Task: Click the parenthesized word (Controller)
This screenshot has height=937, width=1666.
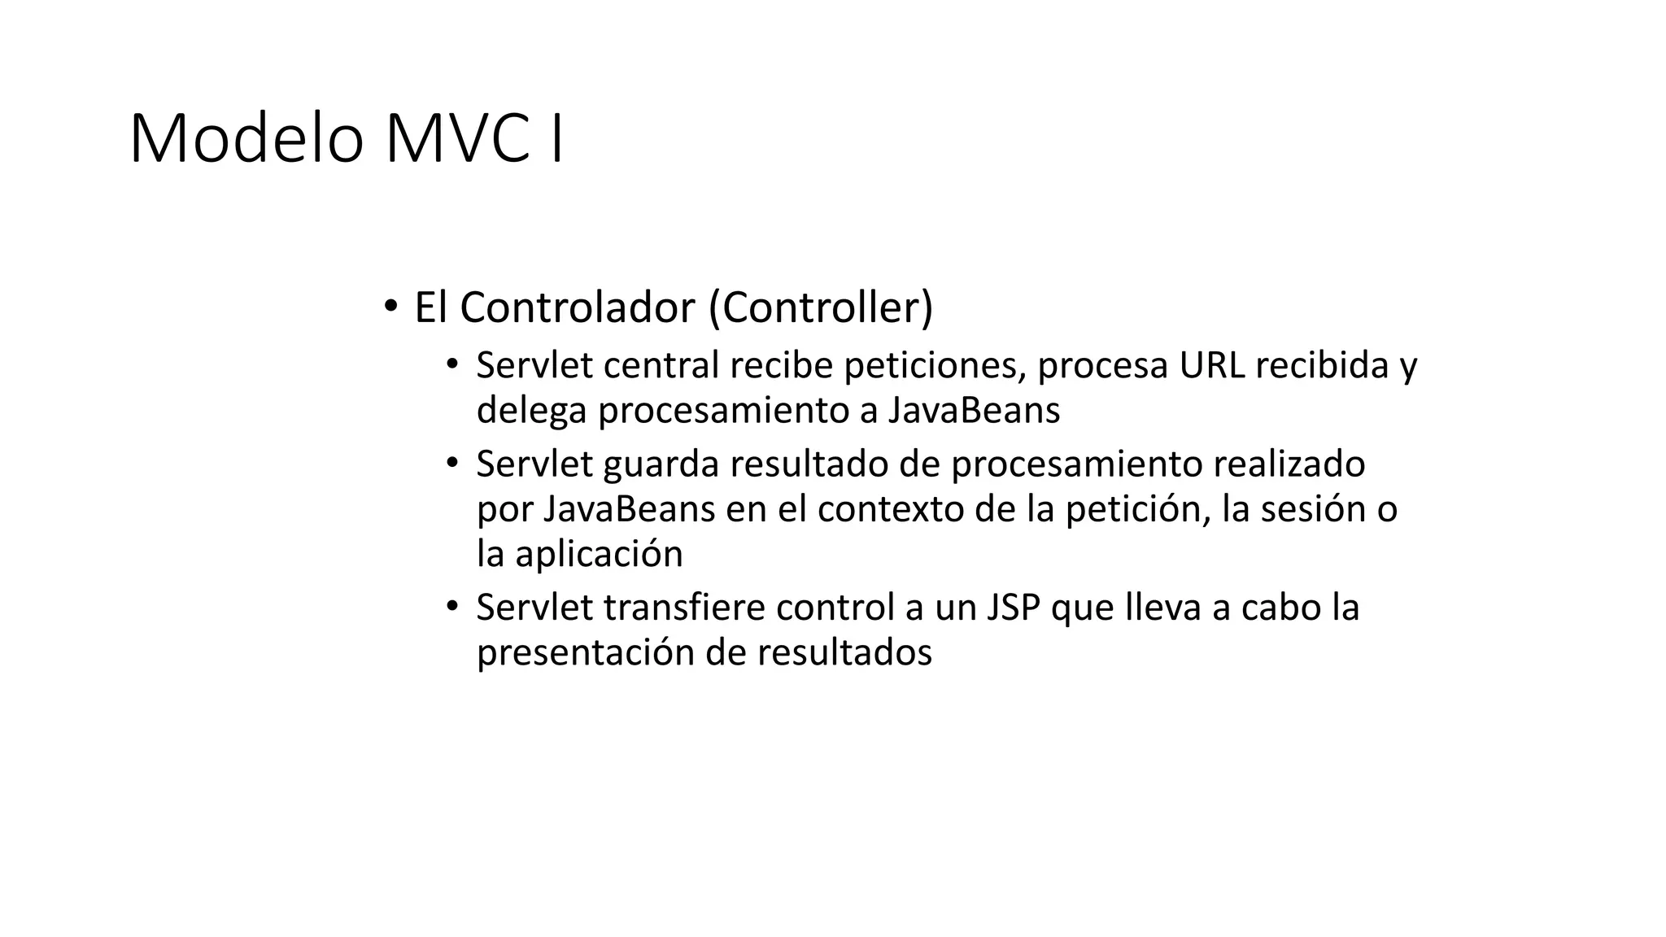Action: coord(821,307)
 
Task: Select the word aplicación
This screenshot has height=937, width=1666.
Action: coord(599,555)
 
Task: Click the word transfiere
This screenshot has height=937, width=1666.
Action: coord(685,608)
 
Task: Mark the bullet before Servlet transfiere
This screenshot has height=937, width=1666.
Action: coord(452,607)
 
